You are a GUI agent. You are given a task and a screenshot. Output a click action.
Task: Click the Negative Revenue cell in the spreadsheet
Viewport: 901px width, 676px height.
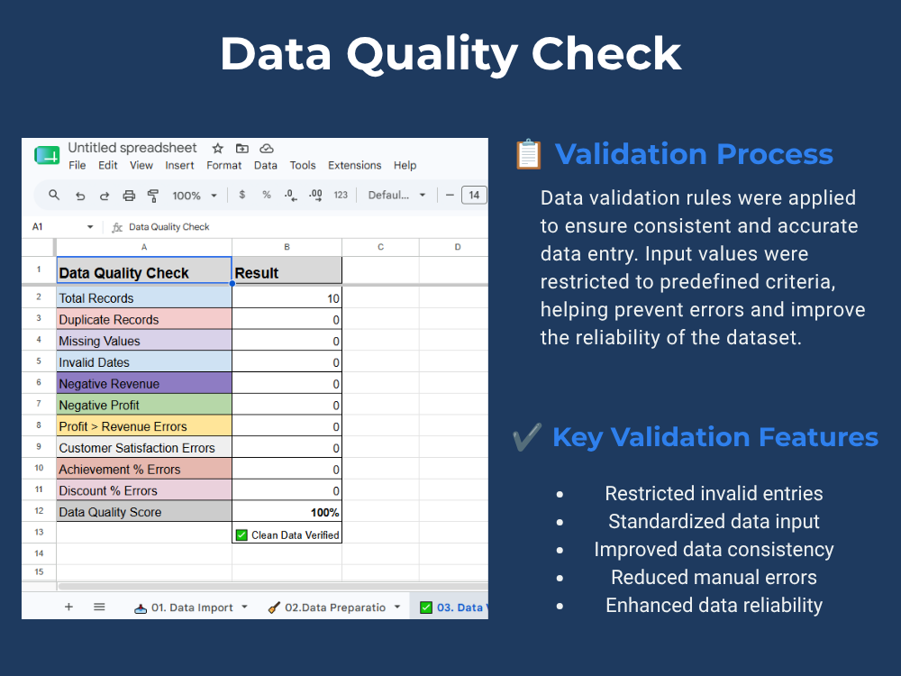(144, 383)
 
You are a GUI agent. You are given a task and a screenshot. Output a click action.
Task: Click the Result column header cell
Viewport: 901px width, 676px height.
(287, 270)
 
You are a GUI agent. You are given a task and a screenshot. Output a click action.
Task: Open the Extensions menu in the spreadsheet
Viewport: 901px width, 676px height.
(354, 166)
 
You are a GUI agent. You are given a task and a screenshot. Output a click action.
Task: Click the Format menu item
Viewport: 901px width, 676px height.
(223, 166)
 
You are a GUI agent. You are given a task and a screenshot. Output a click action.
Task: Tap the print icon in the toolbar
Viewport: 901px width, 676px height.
(129, 196)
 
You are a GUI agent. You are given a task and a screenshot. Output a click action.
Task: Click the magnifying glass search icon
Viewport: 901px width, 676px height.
(54, 195)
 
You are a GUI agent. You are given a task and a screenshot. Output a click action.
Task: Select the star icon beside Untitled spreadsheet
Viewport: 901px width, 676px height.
(217, 149)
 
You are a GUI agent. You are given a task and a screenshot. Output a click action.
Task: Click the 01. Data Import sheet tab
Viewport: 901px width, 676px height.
(191, 607)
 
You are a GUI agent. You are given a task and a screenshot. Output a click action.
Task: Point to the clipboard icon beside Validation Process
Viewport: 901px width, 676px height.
(529, 154)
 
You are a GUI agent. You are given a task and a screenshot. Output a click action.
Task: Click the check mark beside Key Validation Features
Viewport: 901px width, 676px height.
(527, 437)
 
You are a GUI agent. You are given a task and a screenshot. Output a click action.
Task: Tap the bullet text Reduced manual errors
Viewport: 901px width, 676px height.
(714, 577)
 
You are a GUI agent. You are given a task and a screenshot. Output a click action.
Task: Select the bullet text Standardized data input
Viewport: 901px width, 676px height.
(714, 521)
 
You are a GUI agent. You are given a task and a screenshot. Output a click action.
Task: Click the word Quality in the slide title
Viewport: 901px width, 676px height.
(432, 55)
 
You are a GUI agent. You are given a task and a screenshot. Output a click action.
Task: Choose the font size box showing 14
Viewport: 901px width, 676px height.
(474, 195)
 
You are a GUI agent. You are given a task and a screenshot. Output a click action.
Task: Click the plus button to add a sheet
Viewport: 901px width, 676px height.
(68, 607)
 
